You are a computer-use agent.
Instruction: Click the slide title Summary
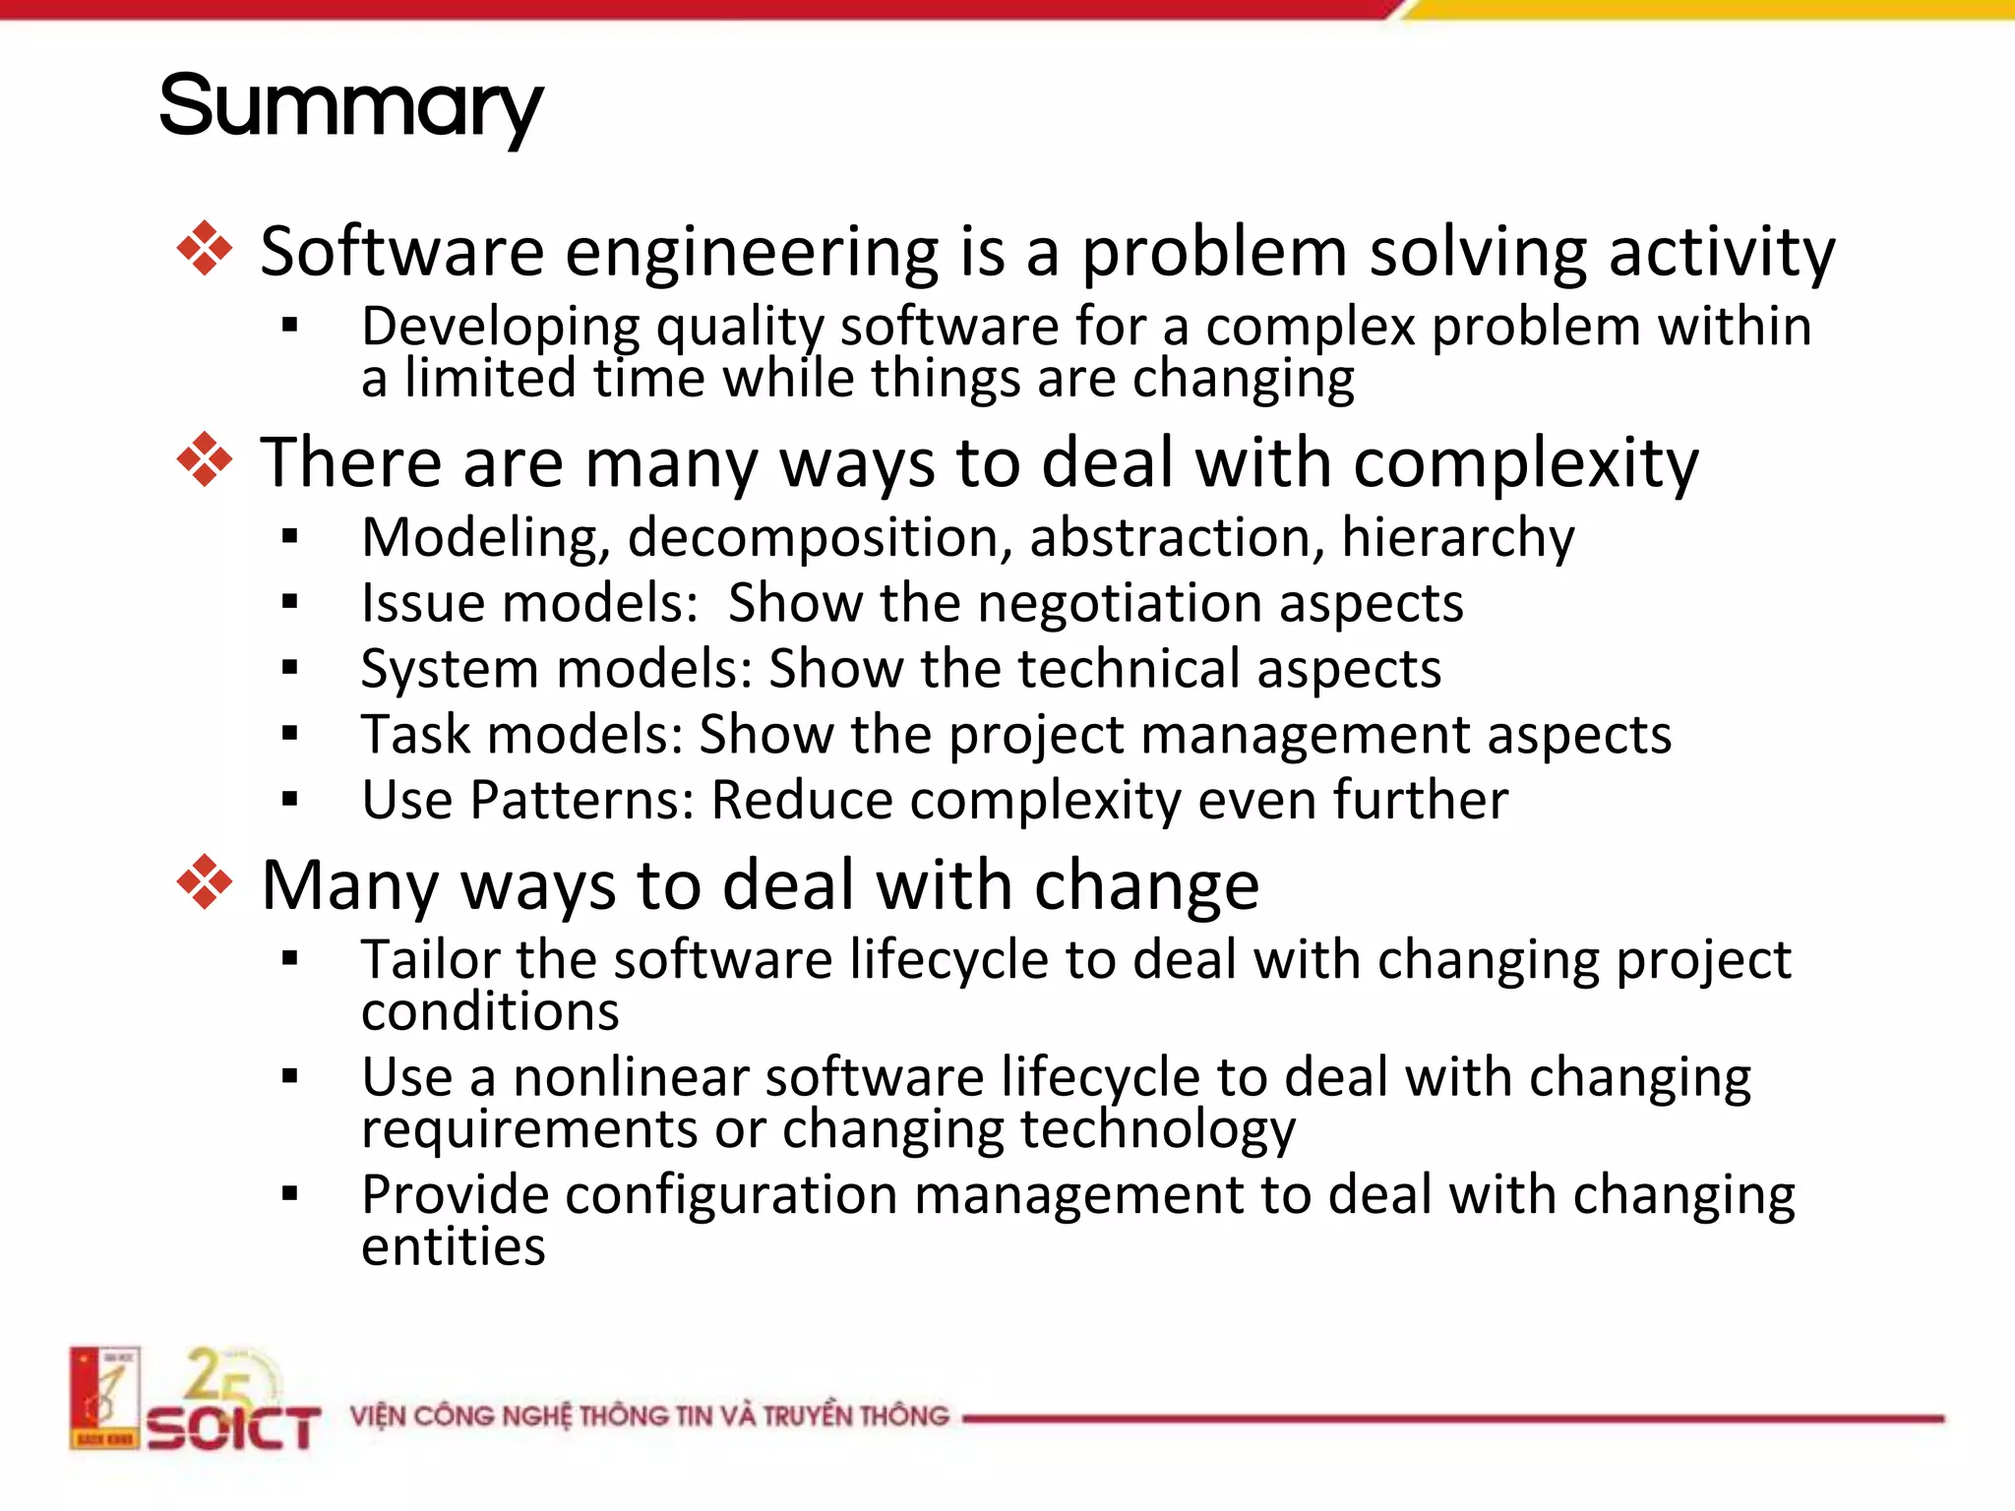pos(350,106)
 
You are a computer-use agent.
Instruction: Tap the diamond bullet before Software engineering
pos(205,249)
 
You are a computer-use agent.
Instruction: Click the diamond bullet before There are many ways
pos(205,459)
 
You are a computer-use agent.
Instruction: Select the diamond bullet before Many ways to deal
pos(205,881)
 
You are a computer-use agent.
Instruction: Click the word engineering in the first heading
pos(752,253)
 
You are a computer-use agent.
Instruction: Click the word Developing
pos(500,328)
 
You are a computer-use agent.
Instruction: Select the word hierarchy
pos(1457,539)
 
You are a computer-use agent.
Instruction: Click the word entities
pos(453,1247)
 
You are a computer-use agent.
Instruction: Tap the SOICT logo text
pos(234,1426)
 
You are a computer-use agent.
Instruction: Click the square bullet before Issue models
pos(289,603)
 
